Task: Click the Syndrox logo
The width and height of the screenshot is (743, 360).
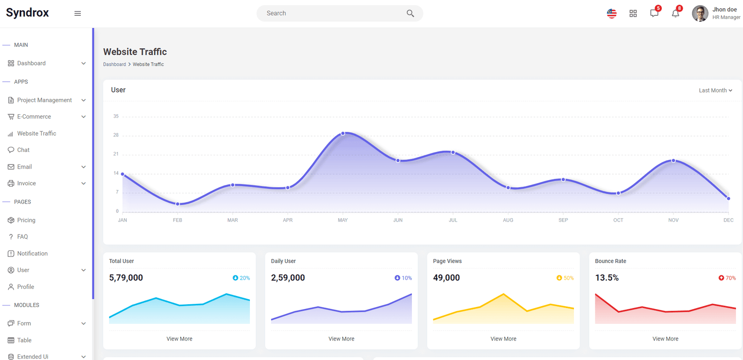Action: [27, 13]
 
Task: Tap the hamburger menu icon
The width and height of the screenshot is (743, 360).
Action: [78, 13]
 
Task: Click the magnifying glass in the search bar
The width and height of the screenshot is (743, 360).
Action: [411, 13]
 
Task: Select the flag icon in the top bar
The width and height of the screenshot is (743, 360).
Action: [612, 13]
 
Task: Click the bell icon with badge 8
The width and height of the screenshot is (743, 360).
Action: [675, 13]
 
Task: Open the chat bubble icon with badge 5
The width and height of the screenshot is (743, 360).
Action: [654, 13]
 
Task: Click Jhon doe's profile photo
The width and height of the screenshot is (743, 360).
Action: [700, 13]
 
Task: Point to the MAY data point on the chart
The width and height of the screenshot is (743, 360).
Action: [343, 133]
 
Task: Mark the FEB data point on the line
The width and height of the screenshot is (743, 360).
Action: [178, 204]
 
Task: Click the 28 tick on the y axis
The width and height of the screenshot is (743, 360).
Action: [116, 135]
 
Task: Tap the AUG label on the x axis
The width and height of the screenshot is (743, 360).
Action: [508, 220]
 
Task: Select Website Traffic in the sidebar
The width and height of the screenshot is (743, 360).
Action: [37, 133]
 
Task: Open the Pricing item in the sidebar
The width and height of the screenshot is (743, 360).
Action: [26, 220]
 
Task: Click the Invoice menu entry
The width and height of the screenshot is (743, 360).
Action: [26, 183]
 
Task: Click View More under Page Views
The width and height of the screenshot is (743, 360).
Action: [503, 339]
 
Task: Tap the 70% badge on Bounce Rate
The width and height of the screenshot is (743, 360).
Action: [727, 278]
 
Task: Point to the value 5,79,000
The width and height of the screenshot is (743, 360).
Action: [126, 278]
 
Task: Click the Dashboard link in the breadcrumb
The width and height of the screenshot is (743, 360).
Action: [114, 65]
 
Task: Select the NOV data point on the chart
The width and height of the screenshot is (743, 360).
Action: [673, 161]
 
